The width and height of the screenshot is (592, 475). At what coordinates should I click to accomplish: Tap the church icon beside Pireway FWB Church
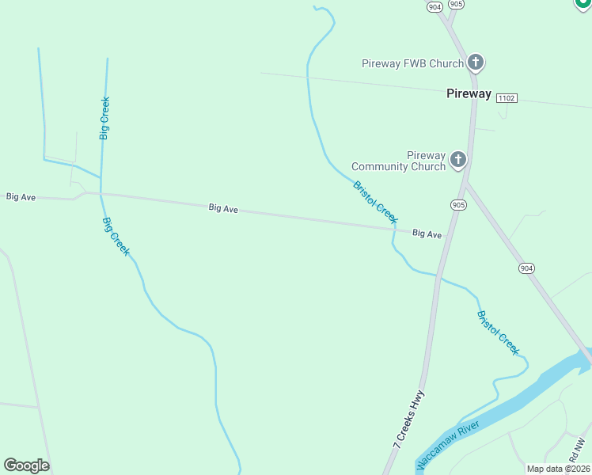tap(476, 62)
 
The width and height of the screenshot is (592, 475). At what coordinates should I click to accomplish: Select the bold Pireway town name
tap(469, 93)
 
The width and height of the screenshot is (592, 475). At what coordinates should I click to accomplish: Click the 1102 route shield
tap(507, 97)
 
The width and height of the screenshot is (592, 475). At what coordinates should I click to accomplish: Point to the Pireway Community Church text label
tap(398, 161)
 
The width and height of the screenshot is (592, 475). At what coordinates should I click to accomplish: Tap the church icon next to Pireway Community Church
tap(457, 161)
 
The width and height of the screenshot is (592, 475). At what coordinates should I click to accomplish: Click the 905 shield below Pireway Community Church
tap(458, 205)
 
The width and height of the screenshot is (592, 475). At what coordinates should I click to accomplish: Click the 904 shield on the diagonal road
tap(527, 268)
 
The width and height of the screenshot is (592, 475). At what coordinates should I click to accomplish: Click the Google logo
tap(26, 465)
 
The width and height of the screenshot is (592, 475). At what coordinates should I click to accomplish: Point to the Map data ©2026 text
tap(558, 469)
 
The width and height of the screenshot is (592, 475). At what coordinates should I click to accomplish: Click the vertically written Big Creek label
tap(104, 119)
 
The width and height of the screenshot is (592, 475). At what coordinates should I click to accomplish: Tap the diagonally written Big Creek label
tap(116, 236)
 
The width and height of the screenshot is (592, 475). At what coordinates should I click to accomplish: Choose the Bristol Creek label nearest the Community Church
tap(375, 203)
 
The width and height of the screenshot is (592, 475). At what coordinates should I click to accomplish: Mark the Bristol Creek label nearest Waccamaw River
tap(498, 332)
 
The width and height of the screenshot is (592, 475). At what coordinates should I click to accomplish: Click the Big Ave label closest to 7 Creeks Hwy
tap(427, 234)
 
